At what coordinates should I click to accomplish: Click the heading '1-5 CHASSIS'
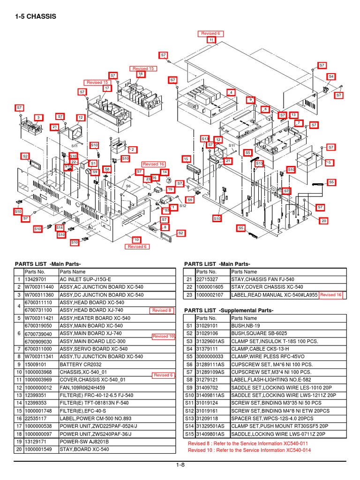[x=36, y=17]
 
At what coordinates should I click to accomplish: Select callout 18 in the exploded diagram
[x=140, y=75]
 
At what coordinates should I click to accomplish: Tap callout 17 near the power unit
[x=107, y=88]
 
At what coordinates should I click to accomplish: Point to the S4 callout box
[x=331, y=76]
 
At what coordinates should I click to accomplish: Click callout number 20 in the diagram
[x=323, y=220]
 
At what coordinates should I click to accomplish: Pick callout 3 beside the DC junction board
[x=38, y=117]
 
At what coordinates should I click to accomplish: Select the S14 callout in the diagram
[x=60, y=227]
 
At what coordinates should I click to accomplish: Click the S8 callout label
[x=107, y=169]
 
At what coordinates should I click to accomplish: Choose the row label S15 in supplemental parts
[x=189, y=434]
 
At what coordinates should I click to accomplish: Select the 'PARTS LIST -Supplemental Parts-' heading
[x=229, y=310]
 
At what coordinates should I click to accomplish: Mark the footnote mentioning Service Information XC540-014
[x=249, y=450]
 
